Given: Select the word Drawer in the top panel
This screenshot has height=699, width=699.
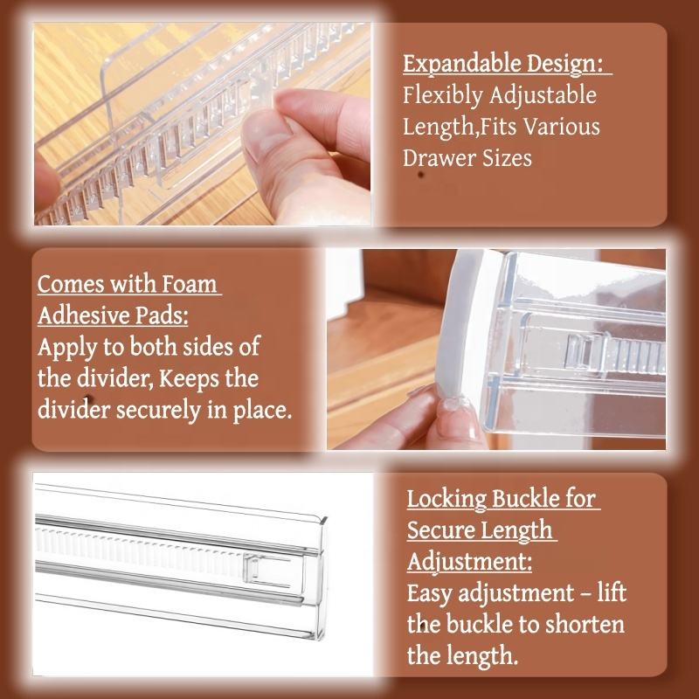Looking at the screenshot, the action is [434, 158].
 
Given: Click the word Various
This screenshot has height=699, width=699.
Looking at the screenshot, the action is [561, 127].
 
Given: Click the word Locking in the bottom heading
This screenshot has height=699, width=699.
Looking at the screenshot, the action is [446, 500].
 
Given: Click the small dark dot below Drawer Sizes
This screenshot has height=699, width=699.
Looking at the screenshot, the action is [420, 174].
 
